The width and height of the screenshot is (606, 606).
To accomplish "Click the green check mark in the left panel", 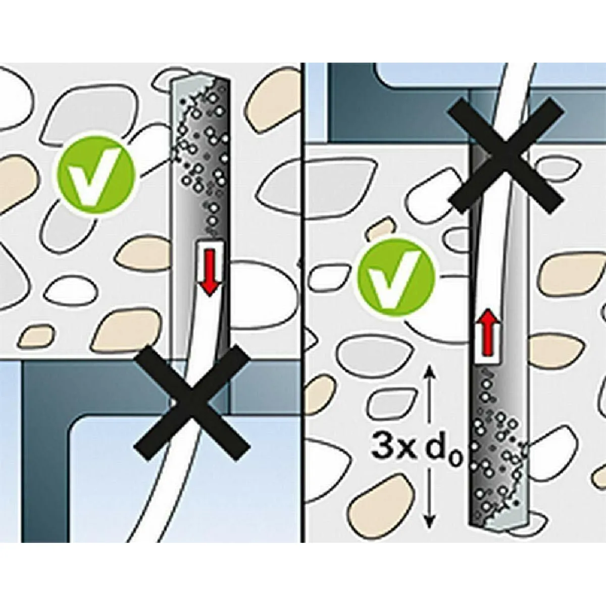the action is click(95, 175).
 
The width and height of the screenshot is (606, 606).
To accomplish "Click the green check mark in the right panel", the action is click(397, 277).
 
